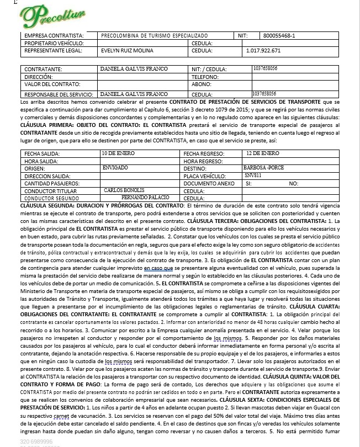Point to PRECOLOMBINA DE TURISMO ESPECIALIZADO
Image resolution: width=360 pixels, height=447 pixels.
[153, 36]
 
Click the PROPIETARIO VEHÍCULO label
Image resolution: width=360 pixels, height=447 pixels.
[54, 43]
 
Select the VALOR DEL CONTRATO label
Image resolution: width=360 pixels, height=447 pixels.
[53, 85]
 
